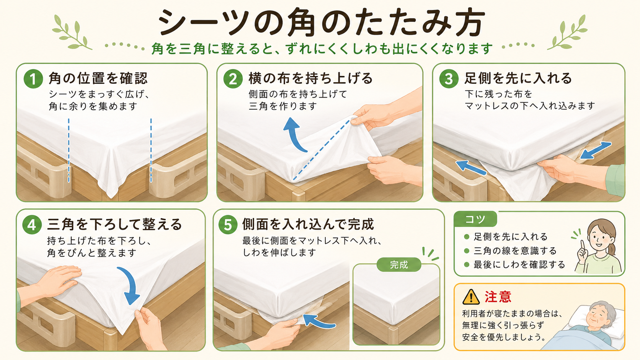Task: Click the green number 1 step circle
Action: coord(33,79)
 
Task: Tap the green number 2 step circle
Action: coord(233,79)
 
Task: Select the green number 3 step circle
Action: coord(449,79)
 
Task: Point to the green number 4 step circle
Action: coord(32,225)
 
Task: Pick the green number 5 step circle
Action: coord(228,225)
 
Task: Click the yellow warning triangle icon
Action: coord(471,297)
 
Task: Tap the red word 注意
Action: coord(498,297)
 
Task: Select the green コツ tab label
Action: coord(475,219)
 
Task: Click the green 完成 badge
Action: coord(399,265)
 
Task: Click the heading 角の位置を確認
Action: coord(98,78)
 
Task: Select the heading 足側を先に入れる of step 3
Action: coord(518,78)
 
